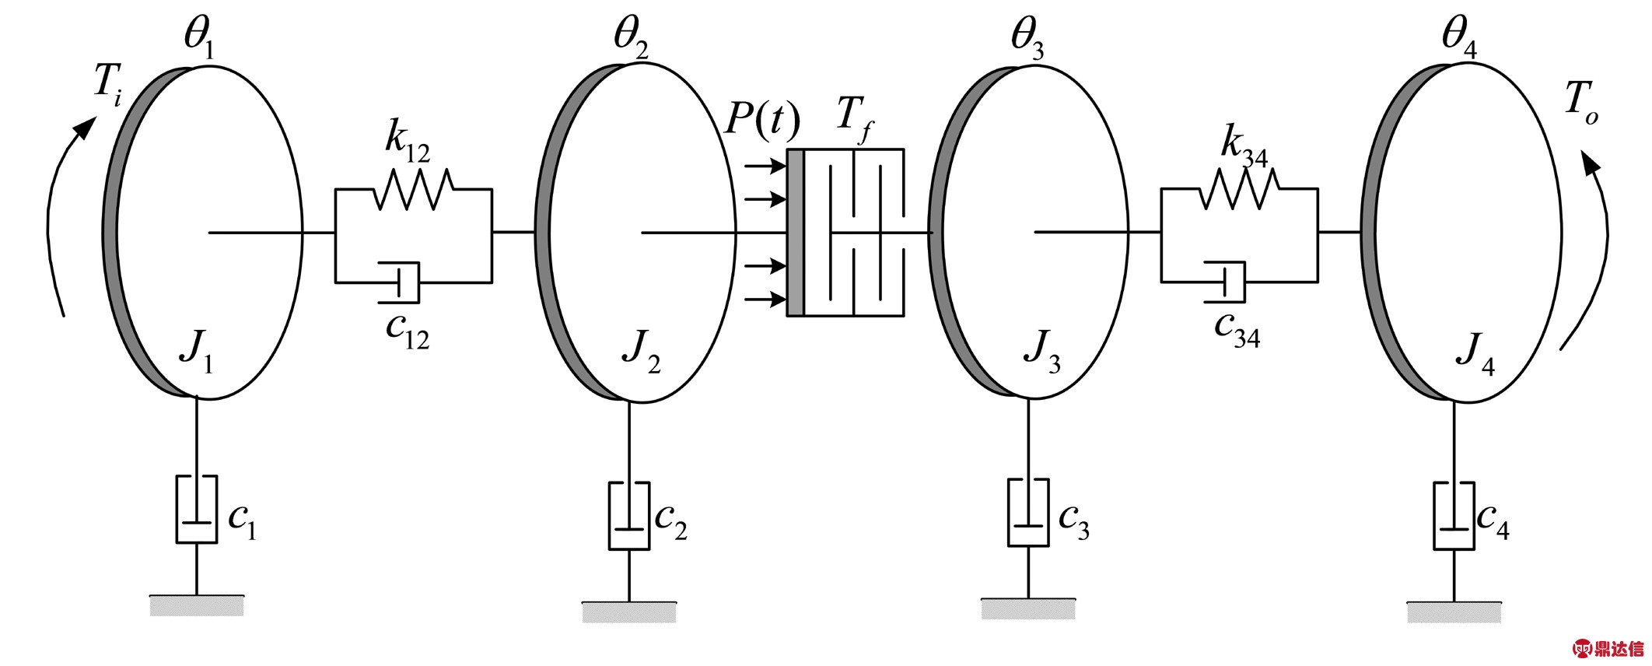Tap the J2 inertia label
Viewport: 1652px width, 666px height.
point(642,356)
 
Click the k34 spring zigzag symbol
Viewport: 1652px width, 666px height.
point(1239,189)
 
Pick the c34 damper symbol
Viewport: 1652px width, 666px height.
point(1225,282)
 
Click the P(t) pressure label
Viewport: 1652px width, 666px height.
point(762,121)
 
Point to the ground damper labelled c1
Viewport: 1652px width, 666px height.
point(196,509)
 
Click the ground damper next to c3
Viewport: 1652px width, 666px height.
point(1028,513)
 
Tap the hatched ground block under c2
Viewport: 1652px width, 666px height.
point(629,612)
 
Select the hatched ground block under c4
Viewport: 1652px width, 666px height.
point(1454,612)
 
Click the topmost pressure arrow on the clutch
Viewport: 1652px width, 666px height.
point(765,166)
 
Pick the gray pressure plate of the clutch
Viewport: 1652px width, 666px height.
point(795,233)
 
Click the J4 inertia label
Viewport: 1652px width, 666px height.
point(1475,356)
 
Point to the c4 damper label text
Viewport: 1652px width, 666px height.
point(1493,521)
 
